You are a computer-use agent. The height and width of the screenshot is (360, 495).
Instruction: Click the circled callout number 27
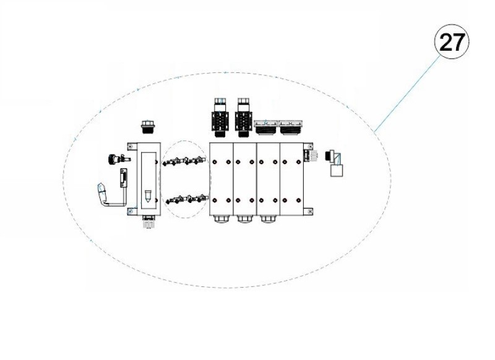(x=452, y=42)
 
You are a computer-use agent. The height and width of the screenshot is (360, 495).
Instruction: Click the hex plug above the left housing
(x=148, y=127)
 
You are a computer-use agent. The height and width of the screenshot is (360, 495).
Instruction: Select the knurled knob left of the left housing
(x=113, y=158)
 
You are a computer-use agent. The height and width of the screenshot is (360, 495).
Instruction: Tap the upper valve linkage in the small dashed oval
(x=185, y=161)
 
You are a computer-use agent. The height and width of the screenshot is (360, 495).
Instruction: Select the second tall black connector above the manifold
(x=243, y=118)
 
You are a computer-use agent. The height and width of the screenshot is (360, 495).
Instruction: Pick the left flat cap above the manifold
(x=266, y=127)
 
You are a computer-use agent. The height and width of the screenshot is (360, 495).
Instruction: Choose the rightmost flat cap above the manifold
(x=290, y=127)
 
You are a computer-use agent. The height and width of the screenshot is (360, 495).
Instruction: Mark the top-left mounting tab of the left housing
(x=131, y=146)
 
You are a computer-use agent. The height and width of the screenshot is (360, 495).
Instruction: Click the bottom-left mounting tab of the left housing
(x=131, y=212)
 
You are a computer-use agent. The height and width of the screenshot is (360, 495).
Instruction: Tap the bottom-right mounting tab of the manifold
(x=308, y=212)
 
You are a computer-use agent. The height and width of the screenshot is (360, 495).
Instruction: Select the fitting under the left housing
(x=148, y=221)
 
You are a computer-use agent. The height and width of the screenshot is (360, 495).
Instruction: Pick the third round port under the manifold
(x=268, y=219)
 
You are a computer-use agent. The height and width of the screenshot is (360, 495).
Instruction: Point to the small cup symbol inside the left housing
(x=148, y=197)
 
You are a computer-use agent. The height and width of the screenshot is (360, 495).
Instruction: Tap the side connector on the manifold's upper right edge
(x=311, y=155)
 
